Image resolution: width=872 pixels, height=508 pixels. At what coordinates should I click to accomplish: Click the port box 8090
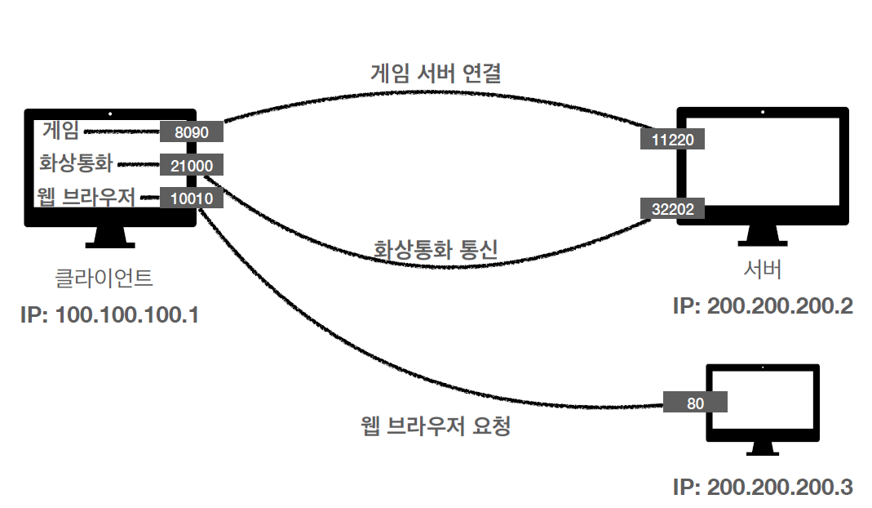[192, 132]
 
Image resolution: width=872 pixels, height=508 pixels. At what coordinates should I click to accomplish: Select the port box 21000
[192, 165]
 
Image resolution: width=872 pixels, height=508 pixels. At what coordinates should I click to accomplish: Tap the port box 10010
[192, 198]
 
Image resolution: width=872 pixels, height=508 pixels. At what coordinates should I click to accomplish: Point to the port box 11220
[673, 140]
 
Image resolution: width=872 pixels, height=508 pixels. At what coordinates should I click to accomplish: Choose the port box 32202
[673, 209]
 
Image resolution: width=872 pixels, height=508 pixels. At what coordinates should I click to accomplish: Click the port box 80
[695, 403]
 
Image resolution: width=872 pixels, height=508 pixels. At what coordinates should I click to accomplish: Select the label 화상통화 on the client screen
[75, 163]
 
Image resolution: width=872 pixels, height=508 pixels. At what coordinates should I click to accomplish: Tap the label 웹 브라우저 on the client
[85, 197]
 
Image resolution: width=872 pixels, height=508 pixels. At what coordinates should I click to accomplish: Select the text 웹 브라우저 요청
[436, 426]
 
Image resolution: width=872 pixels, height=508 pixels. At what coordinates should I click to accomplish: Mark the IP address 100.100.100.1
[109, 314]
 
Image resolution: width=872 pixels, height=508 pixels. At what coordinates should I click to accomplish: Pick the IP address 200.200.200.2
[763, 306]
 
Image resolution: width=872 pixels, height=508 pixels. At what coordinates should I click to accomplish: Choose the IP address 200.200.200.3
[763, 488]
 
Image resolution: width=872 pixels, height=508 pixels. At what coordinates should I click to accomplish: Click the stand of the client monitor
[110, 237]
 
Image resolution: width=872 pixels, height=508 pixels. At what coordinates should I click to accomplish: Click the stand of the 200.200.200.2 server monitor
[763, 235]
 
